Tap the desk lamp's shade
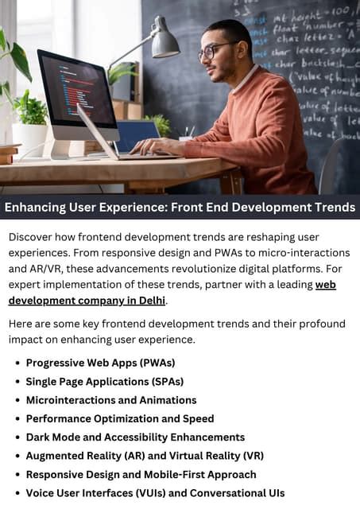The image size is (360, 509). [x=165, y=44]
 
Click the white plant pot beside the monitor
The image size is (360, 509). [x=29, y=138]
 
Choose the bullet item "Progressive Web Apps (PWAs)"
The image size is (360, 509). [x=101, y=363]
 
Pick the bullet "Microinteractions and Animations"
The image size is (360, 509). [x=111, y=400]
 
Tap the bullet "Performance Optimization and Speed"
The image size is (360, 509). [x=120, y=418]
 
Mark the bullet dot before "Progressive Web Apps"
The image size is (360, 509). [x=17, y=363]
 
